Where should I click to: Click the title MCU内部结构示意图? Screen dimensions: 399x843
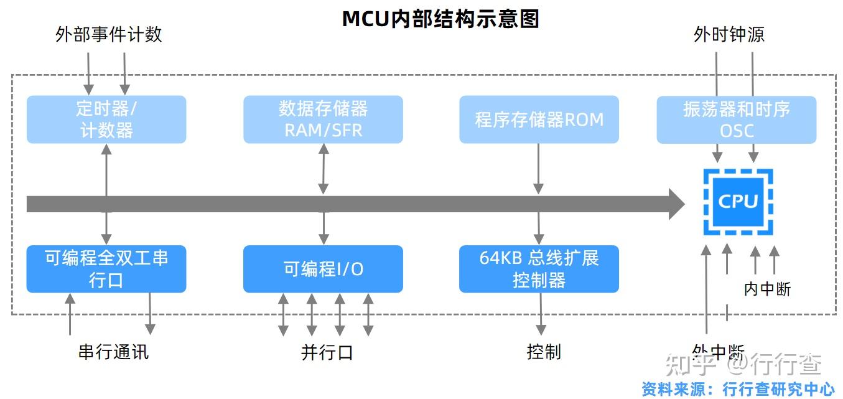440,19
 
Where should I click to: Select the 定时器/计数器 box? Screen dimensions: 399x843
106,120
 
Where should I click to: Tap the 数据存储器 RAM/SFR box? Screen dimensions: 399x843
323,120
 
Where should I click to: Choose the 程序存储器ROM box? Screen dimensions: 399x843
539,120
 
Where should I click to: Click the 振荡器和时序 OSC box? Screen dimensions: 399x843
737,120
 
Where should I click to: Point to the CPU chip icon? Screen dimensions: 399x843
738,201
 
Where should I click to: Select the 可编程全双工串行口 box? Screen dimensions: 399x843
106,269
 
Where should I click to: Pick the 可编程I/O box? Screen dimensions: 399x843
323,269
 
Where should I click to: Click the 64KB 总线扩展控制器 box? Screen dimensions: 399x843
539,269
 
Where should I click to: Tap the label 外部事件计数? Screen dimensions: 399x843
109,34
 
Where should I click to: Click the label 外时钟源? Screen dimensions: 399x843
729,34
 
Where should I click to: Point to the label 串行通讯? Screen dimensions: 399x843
114,352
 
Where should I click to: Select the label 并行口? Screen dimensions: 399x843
327,352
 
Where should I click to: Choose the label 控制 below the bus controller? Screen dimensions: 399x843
544,352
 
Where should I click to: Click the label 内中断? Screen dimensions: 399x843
767,289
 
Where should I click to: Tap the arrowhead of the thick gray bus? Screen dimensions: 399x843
676,204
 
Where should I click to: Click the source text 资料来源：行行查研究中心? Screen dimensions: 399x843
738,389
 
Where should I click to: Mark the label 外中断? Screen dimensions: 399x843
718,352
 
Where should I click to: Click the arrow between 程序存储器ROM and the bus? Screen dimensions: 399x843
539,169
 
